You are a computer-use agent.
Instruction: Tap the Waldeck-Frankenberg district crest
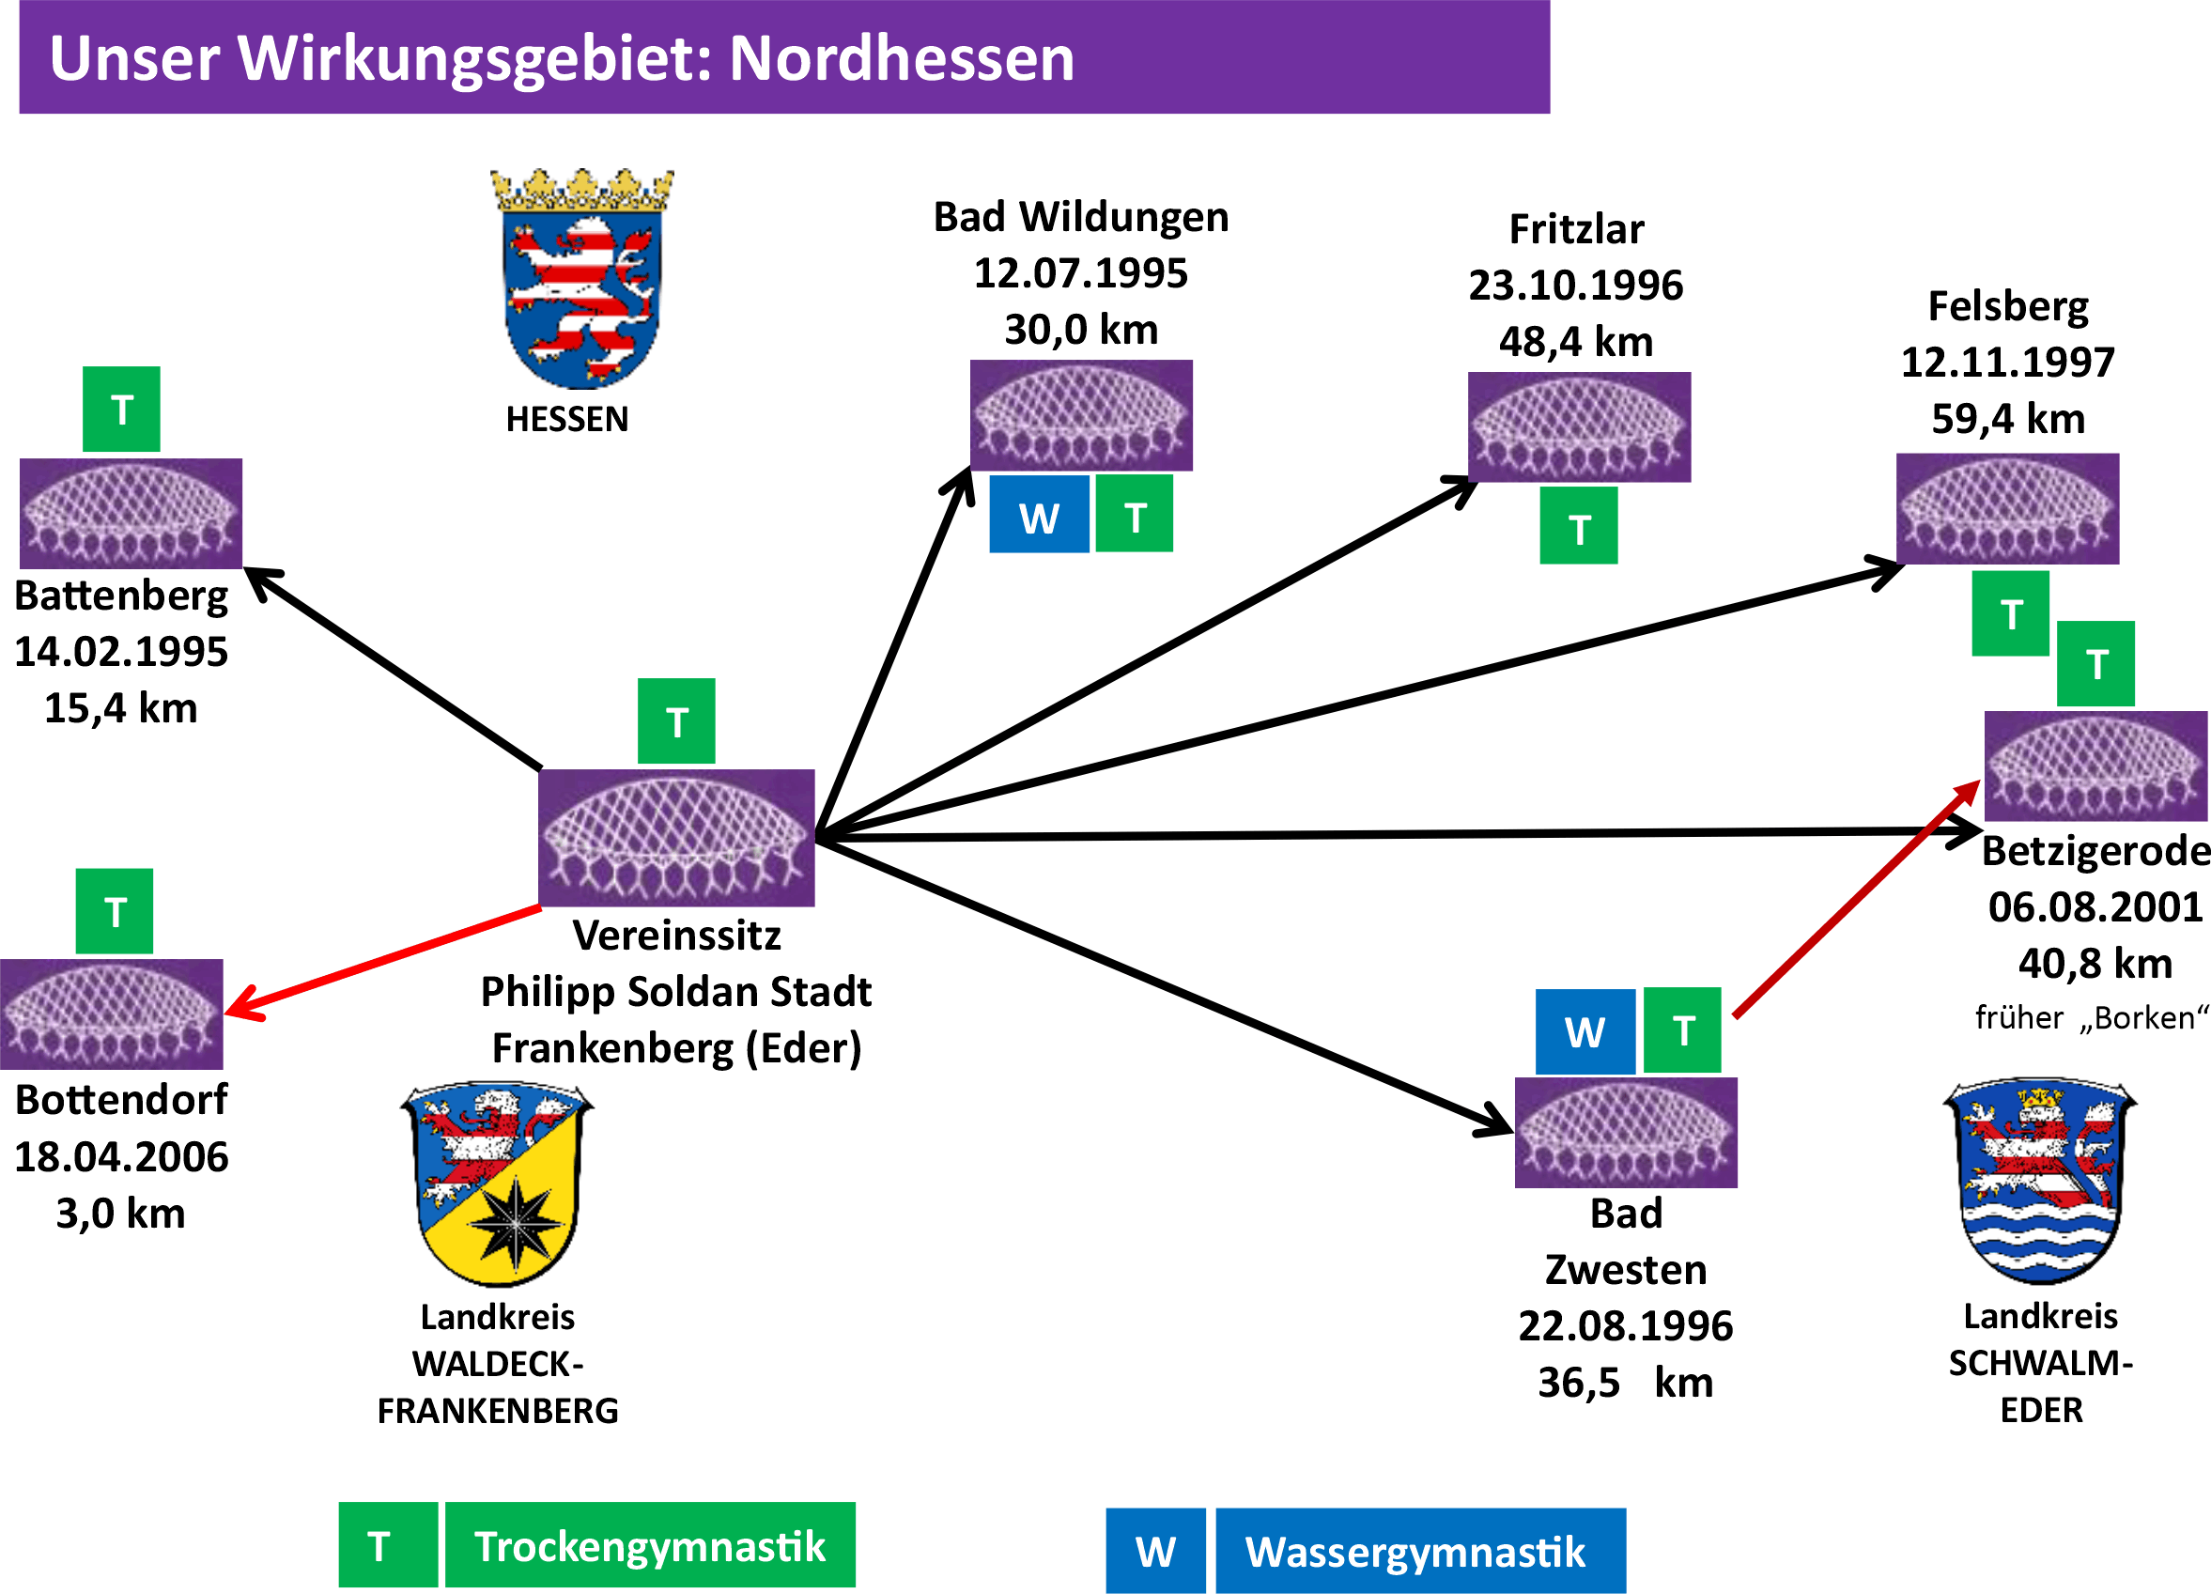click(x=497, y=1183)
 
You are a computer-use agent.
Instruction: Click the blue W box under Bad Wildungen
click(x=1039, y=516)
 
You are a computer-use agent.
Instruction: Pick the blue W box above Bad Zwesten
click(x=1585, y=1031)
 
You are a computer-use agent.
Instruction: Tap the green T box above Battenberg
click(x=122, y=410)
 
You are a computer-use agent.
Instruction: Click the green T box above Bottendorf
click(x=115, y=910)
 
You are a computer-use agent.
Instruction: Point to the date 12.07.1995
click(x=1080, y=273)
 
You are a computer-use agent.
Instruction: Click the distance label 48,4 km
click(x=1576, y=341)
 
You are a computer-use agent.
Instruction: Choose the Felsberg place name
click(x=2008, y=307)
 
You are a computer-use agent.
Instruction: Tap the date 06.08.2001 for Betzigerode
click(x=2094, y=906)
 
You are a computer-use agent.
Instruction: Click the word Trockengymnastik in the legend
click(x=650, y=1546)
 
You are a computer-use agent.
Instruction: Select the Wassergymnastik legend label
click(x=1415, y=1552)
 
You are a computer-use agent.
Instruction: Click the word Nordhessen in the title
click(x=902, y=58)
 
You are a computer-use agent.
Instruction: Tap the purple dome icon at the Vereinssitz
click(x=676, y=838)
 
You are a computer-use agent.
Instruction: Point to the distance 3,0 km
click(x=121, y=1214)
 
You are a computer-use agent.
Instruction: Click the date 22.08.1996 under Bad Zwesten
click(x=1625, y=1326)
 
